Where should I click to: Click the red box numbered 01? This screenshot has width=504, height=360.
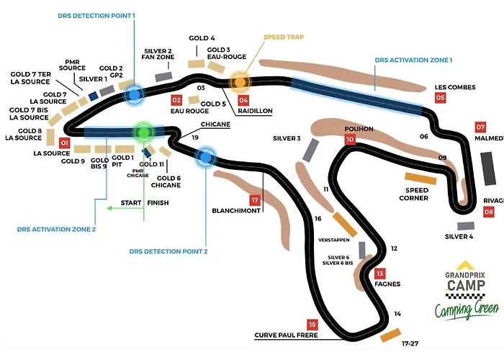coord(64,143)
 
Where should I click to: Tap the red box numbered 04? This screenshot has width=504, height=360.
coord(243,100)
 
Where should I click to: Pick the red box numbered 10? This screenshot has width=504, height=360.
coord(350,140)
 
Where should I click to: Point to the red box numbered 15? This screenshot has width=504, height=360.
coord(312,324)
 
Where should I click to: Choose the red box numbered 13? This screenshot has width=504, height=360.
coord(380,274)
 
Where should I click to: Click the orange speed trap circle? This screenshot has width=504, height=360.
coord(238,81)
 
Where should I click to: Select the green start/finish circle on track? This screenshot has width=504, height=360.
coord(144,132)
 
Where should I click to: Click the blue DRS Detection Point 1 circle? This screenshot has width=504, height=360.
coord(132,94)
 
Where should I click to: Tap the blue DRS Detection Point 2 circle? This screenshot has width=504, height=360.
coord(207,156)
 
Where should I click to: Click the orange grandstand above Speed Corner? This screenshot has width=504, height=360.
coord(420,178)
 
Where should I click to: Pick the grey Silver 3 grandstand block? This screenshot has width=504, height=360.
coord(311,150)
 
